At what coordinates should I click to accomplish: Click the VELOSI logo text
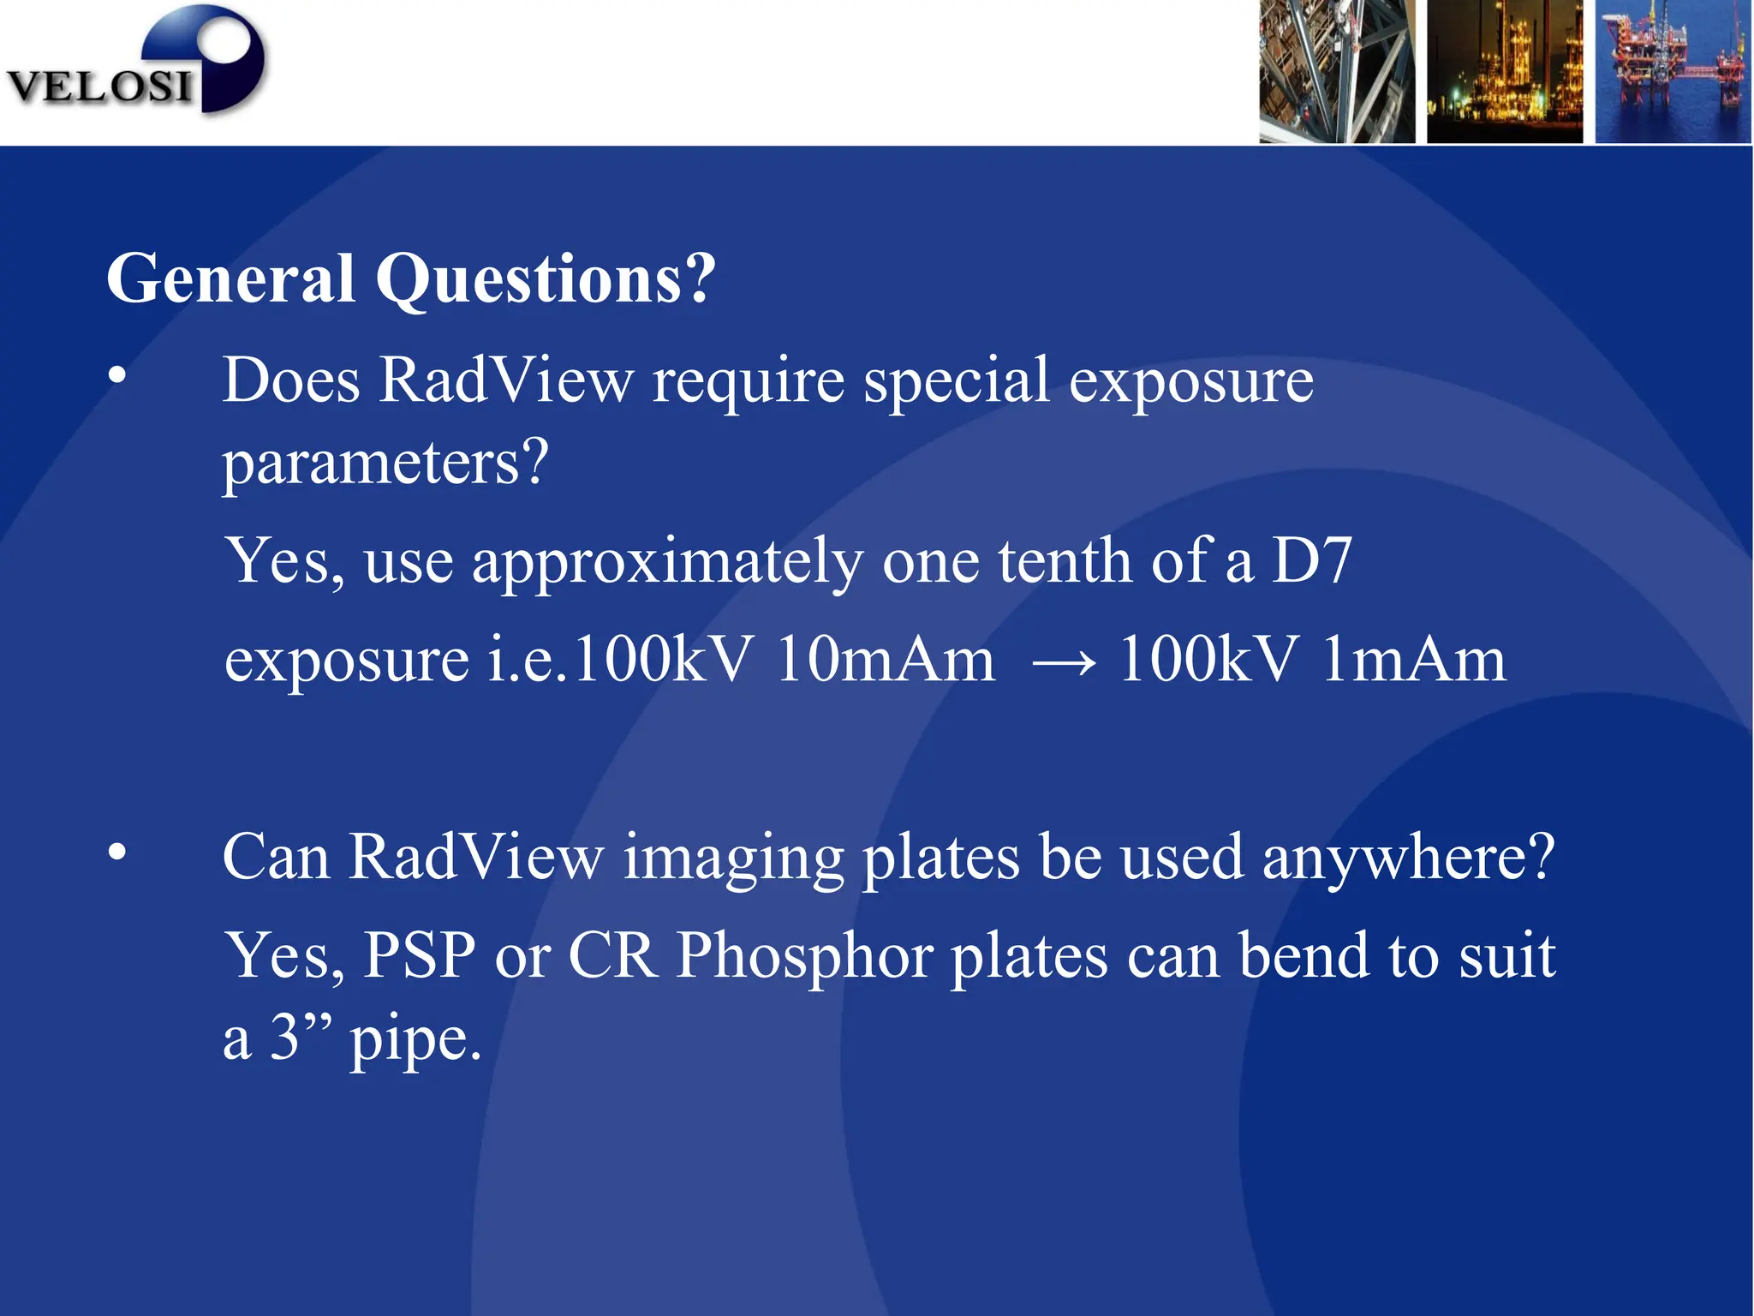tap(98, 86)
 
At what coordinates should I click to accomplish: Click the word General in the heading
tap(230, 279)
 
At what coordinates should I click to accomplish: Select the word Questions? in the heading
tap(546, 279)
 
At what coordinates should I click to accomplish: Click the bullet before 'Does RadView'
tap(117, 375)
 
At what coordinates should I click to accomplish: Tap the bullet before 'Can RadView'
tap(117, 852)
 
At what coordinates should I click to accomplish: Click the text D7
tap(1311, 561)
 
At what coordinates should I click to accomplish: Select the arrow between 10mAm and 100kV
tap(1064, 662)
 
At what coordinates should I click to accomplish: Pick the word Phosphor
tap(804, 956)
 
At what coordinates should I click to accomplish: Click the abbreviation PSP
tap(419, 956)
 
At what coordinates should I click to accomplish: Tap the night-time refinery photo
tap(1504, 71)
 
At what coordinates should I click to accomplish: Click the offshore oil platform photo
tap(1672, 71)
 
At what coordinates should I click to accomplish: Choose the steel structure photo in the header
tap(1337, 71)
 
